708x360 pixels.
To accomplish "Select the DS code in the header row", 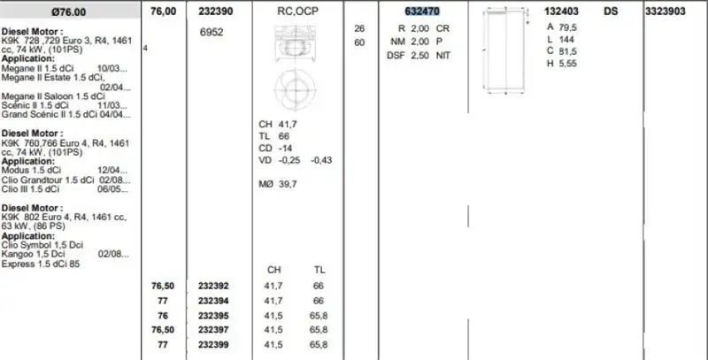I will (x=612, y=11).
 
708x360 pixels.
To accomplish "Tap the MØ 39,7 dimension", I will (x=277, y=183).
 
